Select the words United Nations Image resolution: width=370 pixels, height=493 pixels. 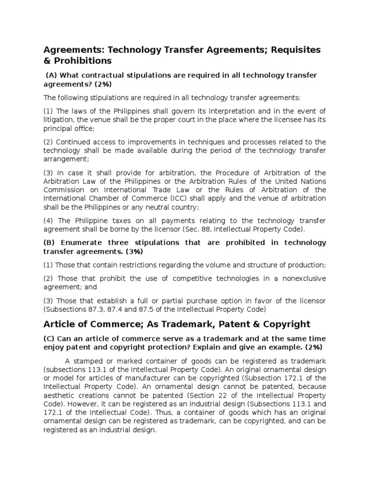303,182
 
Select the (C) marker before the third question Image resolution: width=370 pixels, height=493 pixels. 50,338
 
